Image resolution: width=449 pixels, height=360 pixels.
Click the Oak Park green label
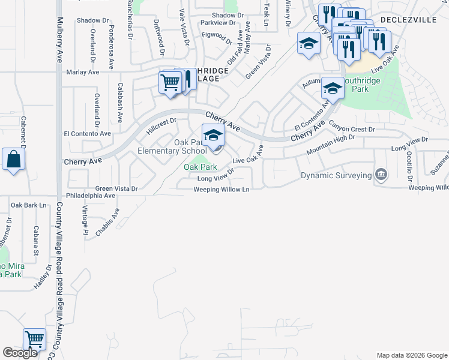200,167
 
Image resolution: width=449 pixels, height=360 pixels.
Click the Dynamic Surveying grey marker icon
380,175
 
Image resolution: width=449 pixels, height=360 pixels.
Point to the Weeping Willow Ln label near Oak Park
221,190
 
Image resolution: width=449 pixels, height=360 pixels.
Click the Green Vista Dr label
116,188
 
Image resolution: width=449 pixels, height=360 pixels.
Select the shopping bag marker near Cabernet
13,160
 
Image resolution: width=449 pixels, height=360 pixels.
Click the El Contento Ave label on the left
88,133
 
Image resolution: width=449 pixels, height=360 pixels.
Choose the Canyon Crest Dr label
352,129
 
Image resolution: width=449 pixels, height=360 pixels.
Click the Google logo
20,353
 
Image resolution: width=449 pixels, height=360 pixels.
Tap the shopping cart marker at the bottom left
35,340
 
